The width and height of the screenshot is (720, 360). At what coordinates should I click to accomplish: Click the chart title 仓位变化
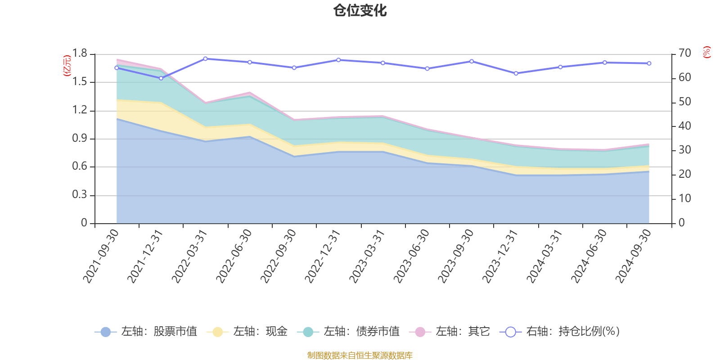click(360, 10)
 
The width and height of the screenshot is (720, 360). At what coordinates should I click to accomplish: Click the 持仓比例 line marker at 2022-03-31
click(205, 58)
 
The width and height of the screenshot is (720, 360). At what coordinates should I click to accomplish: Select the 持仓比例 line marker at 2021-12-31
click(161, 78)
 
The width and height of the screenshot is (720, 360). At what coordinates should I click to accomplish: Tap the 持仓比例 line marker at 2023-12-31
click(516, 73)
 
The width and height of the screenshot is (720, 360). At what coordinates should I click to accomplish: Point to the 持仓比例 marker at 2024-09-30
click(649, 63)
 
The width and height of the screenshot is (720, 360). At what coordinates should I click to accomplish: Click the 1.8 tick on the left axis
click(80, 54)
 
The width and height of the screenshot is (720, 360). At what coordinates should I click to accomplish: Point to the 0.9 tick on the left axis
click(80, 139)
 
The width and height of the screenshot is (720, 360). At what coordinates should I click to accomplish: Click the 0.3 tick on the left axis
click(80, 195)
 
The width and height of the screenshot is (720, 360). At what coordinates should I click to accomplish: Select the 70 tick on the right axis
click(684, 54)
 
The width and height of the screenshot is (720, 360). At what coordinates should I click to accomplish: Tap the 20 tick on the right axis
click(684, 174)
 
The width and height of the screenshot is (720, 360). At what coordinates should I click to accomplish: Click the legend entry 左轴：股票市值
click(146, 332)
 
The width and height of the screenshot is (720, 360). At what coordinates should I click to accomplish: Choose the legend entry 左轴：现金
click(247, 332)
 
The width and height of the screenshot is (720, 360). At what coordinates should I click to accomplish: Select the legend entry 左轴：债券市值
click(349, 332)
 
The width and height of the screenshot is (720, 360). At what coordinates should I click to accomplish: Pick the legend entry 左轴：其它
click(450, 332)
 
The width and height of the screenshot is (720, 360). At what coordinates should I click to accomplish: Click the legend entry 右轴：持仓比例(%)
click(560, 332)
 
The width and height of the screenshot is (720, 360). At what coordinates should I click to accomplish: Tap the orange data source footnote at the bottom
click(360, 355)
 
